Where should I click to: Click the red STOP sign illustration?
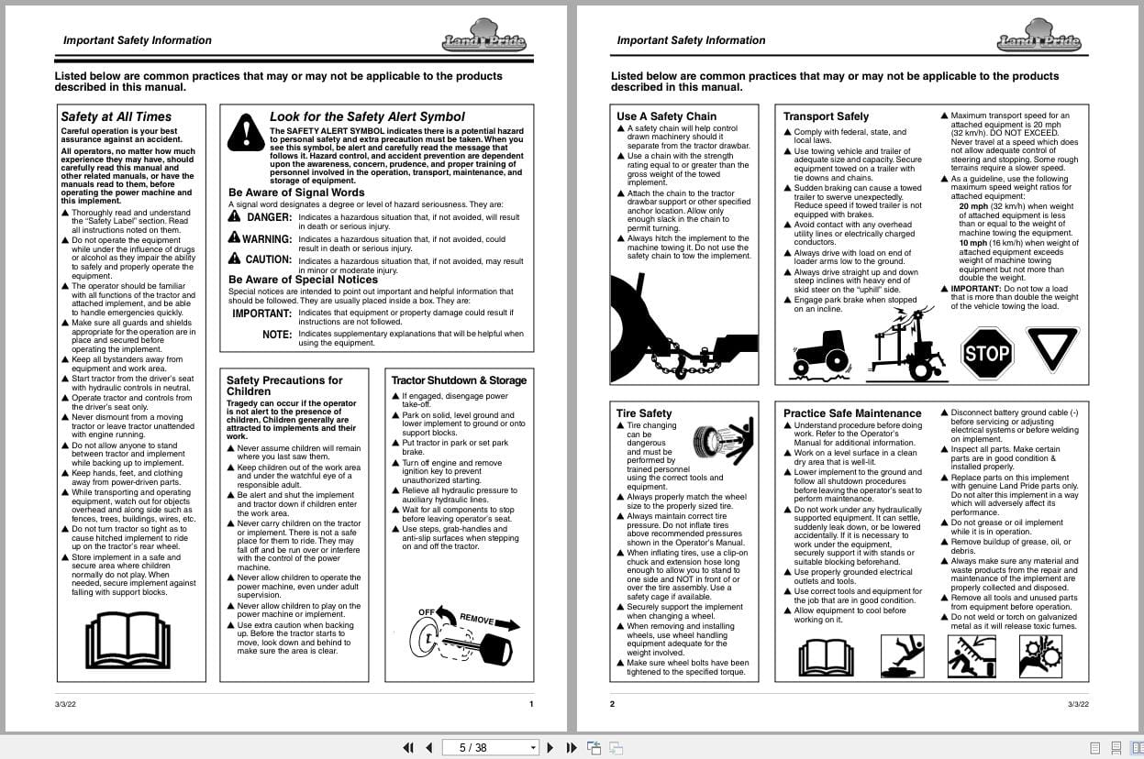[x=987, y=353]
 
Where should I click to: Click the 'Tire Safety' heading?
[x=644, y=413]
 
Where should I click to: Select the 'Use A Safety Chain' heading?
[x=666, y=116]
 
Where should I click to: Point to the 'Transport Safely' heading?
[x=826, y=116]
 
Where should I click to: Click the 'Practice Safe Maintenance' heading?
[x=852, y=413]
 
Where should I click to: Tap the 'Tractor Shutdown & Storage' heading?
[x=459, y=380]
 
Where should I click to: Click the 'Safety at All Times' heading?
[x=116, y=116]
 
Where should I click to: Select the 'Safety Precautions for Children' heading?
[x=284, y=385]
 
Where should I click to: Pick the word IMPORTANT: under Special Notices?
[x=261, y=313]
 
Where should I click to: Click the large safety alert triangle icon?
[x=246, y=132]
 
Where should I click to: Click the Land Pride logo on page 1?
[x=484, y=37]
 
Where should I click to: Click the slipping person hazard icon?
[x=903, y=654]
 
